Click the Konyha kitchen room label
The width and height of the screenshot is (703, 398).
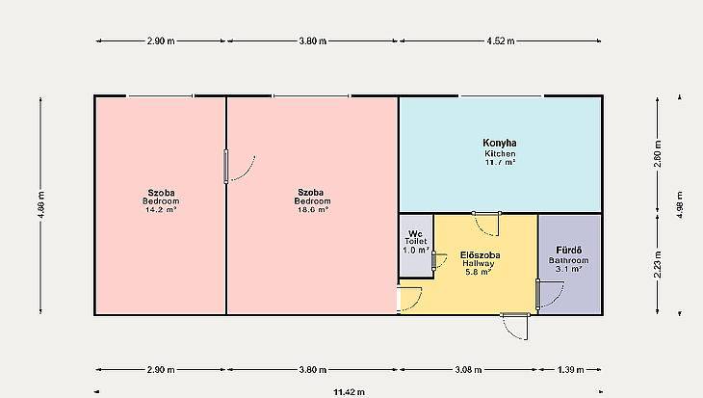tap(500, 144)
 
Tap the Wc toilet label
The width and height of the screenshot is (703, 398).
tap(415, 234)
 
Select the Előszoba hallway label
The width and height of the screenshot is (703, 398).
tap(481, 255)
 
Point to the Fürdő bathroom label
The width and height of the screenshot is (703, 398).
tap(568, 251)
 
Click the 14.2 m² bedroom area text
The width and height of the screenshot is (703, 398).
tap(161, 209)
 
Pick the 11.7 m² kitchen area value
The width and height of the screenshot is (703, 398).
tap(500, 162)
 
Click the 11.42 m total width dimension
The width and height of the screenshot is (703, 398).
tap(349, 392)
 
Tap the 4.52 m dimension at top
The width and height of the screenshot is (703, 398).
tap(501, 40)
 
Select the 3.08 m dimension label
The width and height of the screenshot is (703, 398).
tap(469, 370)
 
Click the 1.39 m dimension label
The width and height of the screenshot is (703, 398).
tap(571, 370)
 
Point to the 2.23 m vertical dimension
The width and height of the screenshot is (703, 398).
tap(658, 264)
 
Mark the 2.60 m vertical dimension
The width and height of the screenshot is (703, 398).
tap(658, 154)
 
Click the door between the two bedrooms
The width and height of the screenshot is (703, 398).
tap(240, 167)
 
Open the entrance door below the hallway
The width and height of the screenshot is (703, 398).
tap(514, 327)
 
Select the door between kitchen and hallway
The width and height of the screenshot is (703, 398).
tap(486, 224)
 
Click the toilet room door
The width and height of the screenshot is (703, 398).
tap(439, 261)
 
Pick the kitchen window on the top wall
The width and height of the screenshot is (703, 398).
tap(501, 96)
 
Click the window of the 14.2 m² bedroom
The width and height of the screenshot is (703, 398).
tap(160, 96)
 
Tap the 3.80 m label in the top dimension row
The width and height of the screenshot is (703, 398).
tap(312, 40)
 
